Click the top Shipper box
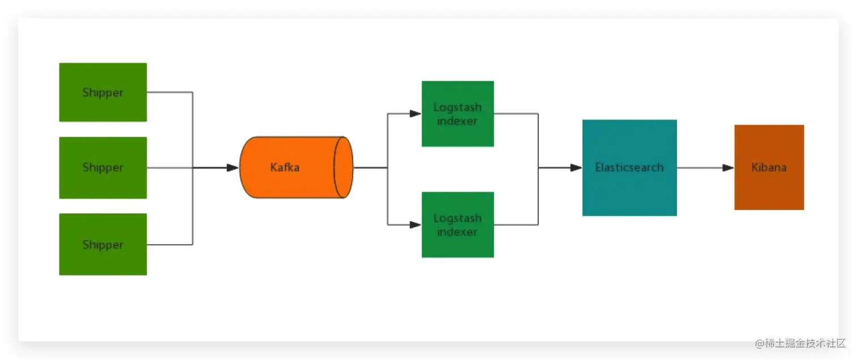(103, 92)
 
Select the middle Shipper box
(103, 167)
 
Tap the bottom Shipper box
(103, 244)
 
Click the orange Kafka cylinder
(289, 167)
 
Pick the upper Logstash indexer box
(457, 113)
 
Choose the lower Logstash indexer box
(457, 225)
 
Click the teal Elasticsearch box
(629, 167)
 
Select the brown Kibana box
(769, 167)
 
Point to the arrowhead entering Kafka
(232, 168)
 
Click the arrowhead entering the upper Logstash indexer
(415, 113)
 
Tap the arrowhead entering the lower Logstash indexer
(415, 225)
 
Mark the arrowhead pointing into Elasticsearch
(576, 168)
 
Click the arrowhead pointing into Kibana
(728, 168)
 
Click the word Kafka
(285, 168)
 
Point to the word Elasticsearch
(629, 168)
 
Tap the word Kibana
(769, 168)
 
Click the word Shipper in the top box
(103, 92)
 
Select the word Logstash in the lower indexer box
(457, 218)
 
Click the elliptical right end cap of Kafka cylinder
(343, 167)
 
